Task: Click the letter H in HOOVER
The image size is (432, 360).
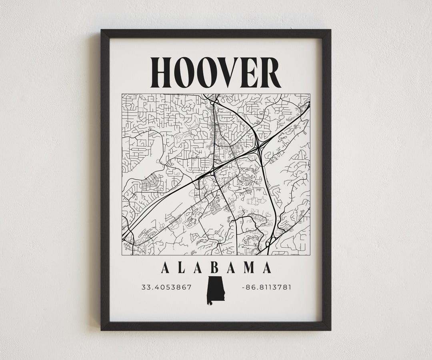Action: coord(164,73)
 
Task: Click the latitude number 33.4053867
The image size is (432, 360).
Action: coord(166,287)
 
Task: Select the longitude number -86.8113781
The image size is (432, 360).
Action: coord(266,287)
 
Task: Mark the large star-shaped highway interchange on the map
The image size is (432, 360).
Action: coord(260,148)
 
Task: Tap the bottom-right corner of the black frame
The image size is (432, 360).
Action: coord(330,329)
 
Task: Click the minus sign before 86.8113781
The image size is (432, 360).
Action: coord(243,287)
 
